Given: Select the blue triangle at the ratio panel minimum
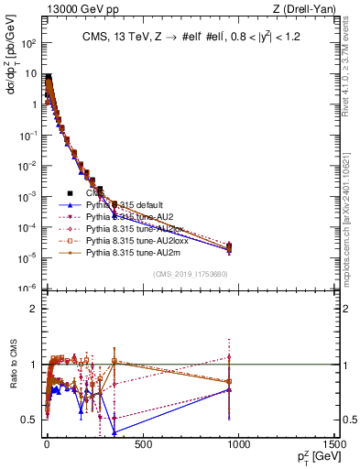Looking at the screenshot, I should coord(115,431).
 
